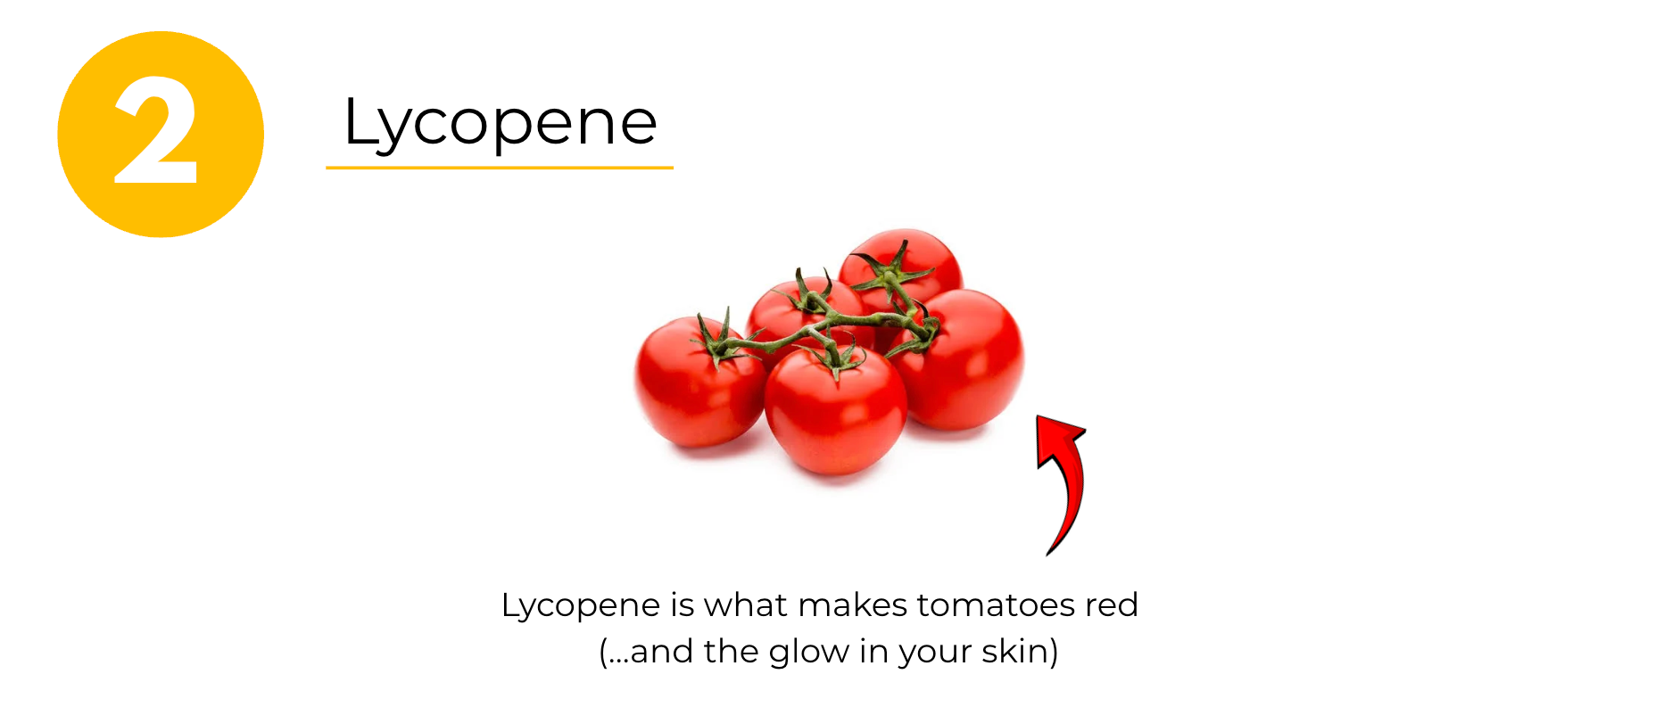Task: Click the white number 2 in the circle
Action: point(156,130)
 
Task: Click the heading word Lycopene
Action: point(501,123)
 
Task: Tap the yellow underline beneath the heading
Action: point(500,167)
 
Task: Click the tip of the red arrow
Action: point(1037,415)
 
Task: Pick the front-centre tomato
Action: point(835,410)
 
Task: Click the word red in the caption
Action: point(1112,605)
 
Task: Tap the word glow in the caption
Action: point(809,653)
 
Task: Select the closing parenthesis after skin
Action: point(1054,652)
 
